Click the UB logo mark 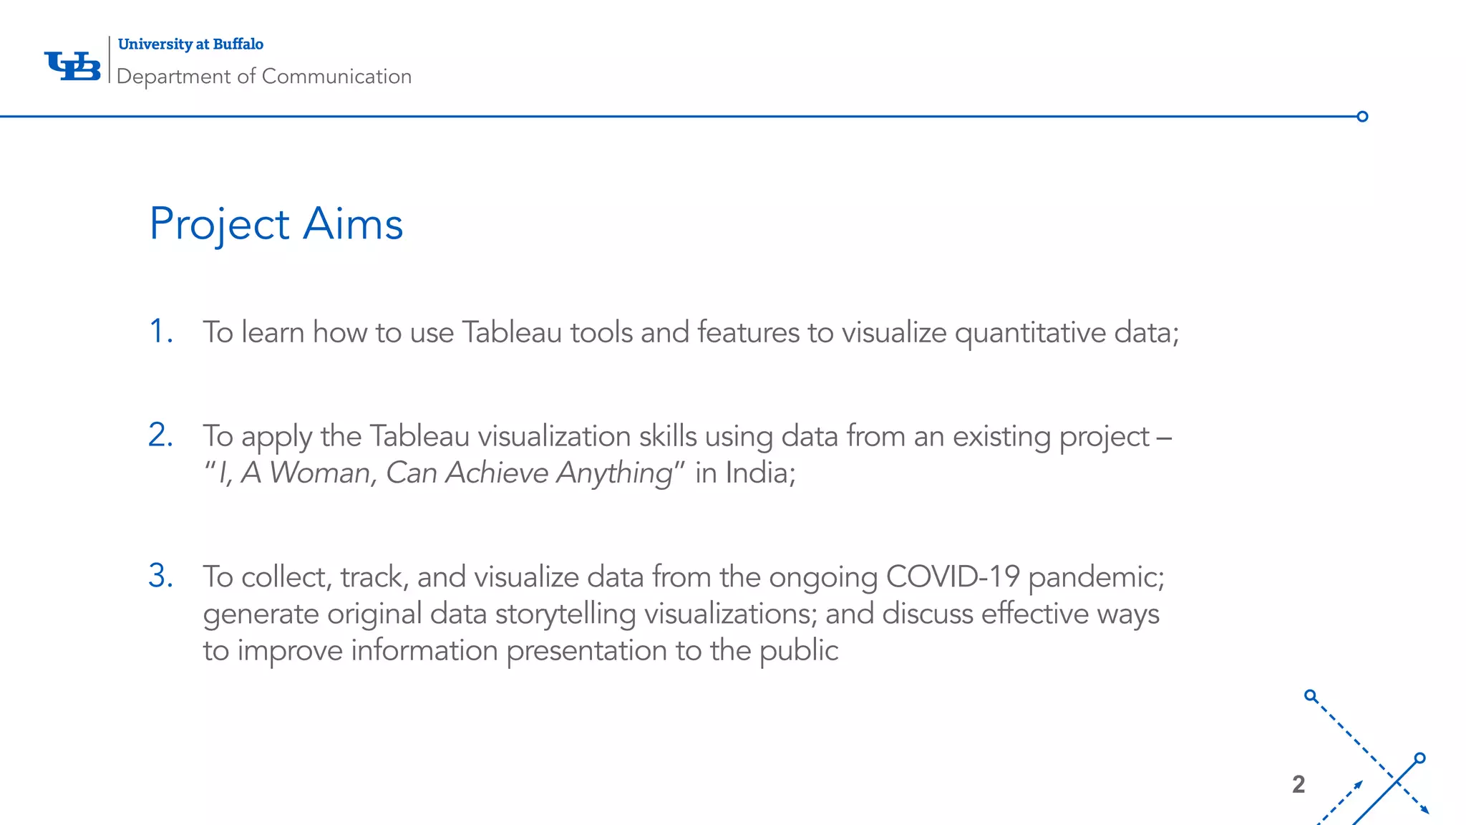click(72, 66)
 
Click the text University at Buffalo click(190, 44)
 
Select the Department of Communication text click(264, 77)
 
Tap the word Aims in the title click(353, 224)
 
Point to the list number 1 click(160, 332)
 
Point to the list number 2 click(160, 435)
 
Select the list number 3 click(160, 576)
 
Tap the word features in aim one click(748, 332)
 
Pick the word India click(759, 473)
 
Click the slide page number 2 click(1298, 784)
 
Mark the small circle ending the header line click(1362, 117)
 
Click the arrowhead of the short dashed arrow click(1358, 785)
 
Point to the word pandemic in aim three click(1096, 577)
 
